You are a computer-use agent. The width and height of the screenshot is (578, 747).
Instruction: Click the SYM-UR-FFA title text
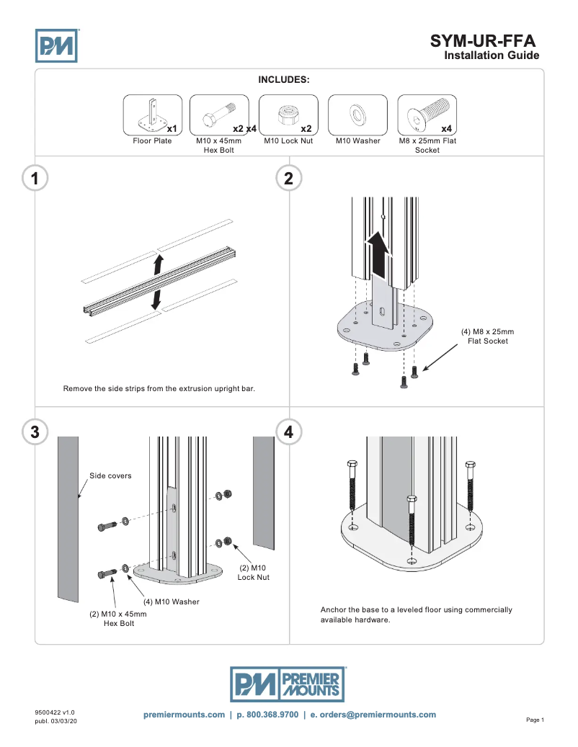(x=483, y=40)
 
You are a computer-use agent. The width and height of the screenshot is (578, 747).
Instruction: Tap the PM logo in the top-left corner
(x=56, y=45)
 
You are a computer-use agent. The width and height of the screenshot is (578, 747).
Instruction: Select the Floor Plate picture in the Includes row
(x=152, y=115)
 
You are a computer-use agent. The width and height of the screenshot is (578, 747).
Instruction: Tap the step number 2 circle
(x=289, y=179)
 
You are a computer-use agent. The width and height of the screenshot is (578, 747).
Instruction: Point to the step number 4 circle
(x=289, y=431)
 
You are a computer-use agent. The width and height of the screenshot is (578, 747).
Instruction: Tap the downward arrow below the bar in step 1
(x=156, y=300)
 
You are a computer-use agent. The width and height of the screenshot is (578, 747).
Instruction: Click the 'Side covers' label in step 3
(x=110, y=475)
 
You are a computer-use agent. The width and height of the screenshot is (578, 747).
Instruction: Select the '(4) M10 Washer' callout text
(x=171, y=601)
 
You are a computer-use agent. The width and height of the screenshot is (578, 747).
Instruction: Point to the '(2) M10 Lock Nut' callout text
(x=253, y=573)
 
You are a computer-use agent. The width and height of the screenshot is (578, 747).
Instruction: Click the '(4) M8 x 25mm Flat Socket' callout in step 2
(x=487, y=336)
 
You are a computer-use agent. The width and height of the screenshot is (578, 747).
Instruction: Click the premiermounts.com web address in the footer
(x=184, y=715)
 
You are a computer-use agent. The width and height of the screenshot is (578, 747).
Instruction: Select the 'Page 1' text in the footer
(x=535, y=720)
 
